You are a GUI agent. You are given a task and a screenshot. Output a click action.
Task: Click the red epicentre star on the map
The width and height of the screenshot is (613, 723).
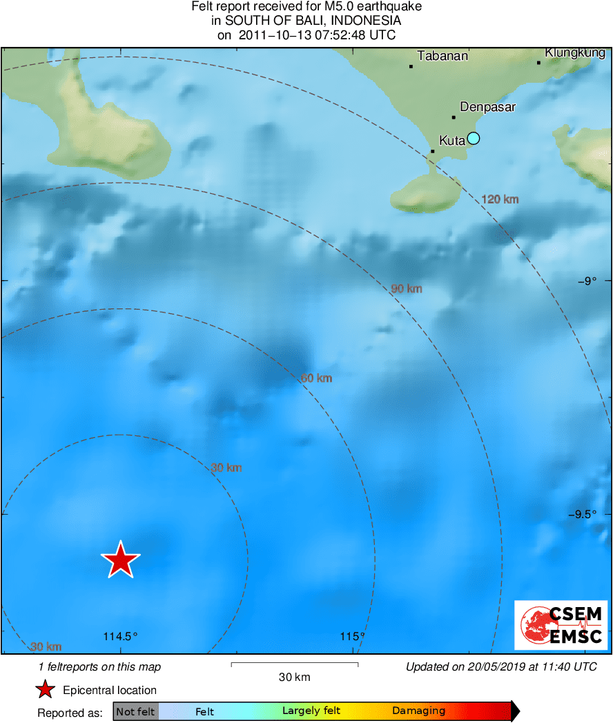pos(121,559)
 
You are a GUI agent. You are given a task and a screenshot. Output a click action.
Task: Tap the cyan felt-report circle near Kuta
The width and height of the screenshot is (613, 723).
pos(473,138)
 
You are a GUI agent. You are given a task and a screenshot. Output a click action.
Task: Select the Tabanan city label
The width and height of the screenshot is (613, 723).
pos(442,56)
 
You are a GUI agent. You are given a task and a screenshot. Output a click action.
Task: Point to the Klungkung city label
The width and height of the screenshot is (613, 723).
pos(575,52)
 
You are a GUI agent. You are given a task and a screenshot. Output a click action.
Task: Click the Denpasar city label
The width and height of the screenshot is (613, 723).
pos(487,107)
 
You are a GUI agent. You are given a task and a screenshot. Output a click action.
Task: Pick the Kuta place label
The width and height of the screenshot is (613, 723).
pos(451,140)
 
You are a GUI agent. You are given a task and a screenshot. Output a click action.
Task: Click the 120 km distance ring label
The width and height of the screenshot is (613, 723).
pos(500,199)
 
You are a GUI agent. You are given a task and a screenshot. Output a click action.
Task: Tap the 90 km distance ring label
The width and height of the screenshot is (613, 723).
pos(407,289)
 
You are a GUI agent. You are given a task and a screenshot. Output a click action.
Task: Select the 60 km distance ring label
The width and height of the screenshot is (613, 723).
pos(316,378)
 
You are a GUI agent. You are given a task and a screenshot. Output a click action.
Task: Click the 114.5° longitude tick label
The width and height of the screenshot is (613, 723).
pos(121,636)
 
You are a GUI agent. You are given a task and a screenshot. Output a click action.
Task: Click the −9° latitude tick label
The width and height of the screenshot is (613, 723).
pos(587,280)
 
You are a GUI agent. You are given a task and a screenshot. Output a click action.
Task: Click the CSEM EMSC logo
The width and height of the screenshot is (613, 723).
pos(561,625)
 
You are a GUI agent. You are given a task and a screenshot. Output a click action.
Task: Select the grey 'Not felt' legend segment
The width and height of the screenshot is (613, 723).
pos(135,711)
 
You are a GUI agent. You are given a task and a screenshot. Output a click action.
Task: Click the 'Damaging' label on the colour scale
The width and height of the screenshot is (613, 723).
pos(418,711)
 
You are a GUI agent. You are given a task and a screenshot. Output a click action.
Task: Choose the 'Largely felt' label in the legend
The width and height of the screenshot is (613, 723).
pos(311,711)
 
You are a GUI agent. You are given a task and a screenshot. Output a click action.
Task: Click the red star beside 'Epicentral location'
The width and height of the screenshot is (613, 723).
pos(46,689)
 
